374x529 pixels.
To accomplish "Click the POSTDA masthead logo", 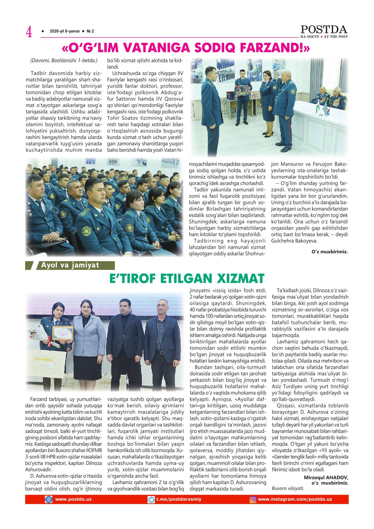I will point(324,30).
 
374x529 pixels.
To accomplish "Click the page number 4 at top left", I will point(29,32).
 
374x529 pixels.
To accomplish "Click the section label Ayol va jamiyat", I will point(70,265).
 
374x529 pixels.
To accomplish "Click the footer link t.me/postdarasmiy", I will point(179,499).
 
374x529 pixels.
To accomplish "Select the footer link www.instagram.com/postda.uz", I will point(295,499).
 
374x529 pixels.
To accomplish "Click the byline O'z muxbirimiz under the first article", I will point(330,252).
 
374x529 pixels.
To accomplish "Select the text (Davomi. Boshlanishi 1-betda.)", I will point(64,61).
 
